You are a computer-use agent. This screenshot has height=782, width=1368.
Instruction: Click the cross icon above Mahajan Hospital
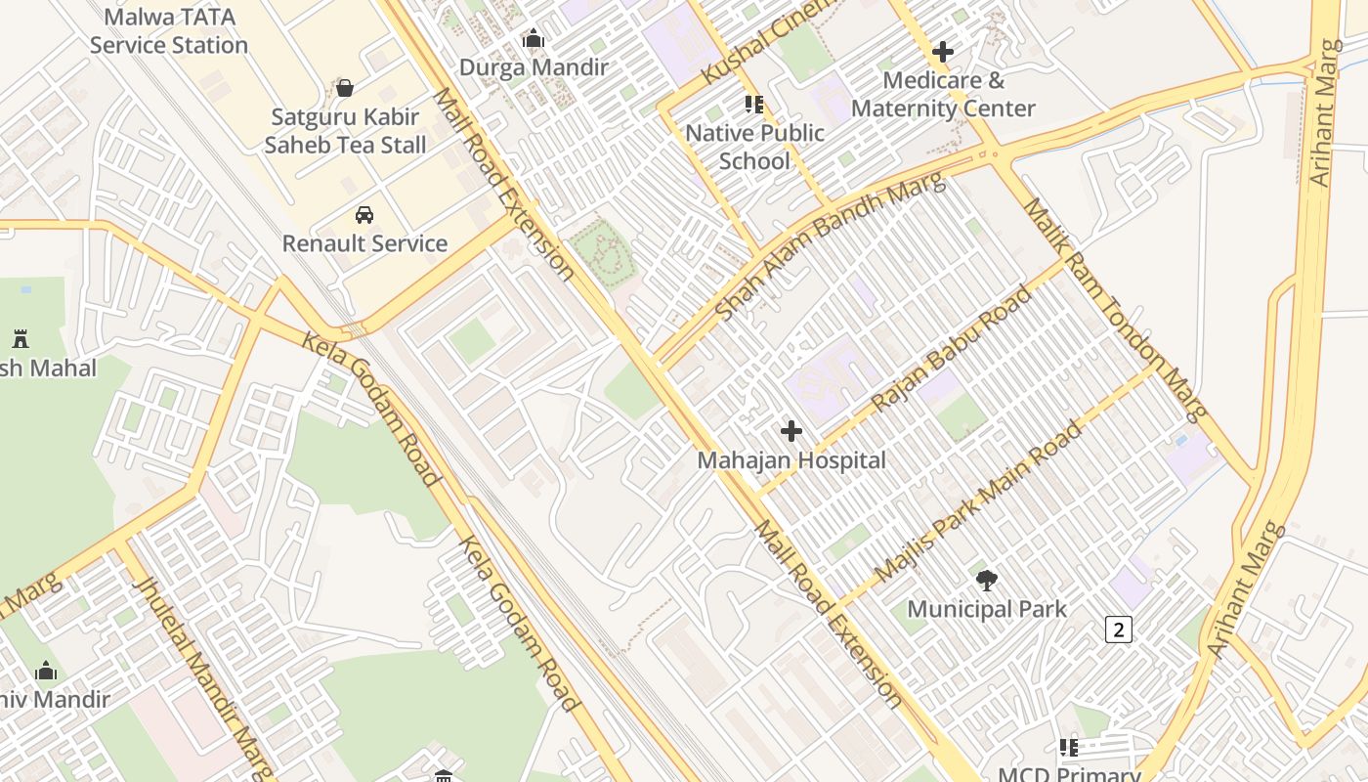point(791,430)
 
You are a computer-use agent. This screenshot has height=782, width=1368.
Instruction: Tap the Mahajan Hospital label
point(791,460)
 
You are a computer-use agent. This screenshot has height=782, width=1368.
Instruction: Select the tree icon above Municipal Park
point(987,580)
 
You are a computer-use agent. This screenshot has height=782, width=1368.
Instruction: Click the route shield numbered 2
point(1119,630)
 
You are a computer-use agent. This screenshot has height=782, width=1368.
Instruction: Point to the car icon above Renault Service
point(364,215)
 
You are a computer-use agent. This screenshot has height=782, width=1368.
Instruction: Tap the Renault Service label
point(364,243)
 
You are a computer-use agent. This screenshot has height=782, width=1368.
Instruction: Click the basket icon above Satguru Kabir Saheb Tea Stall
point(345,88)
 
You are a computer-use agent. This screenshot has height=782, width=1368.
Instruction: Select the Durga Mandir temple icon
point(534,39)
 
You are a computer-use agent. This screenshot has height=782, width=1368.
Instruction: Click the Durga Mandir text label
point(534,67)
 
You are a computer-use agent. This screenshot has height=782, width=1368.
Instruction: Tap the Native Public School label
point(754,147)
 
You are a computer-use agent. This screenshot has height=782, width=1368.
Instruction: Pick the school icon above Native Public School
point(753,104)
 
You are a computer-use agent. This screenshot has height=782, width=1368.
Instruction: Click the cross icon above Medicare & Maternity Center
point(943,51)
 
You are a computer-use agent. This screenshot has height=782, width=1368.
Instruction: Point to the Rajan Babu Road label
point(951,348)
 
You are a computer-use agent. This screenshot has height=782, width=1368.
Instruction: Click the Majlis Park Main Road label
point(979,501)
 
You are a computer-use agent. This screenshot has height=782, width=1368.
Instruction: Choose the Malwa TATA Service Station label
point(169,30)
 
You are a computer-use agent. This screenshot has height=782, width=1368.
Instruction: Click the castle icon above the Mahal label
point(21,339)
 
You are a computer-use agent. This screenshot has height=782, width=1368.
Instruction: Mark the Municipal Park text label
point(987,609)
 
